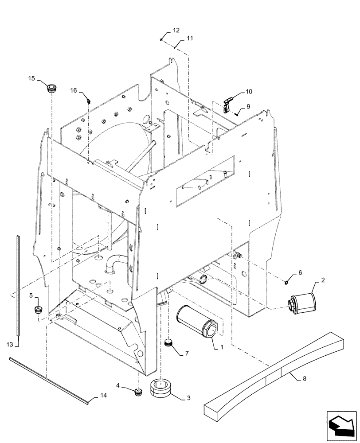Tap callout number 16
[73, 90]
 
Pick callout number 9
[248, 106]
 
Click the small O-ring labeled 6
[287, 280]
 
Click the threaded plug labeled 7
[168, 342]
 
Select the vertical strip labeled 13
[17, 288]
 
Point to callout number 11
[189, 39]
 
